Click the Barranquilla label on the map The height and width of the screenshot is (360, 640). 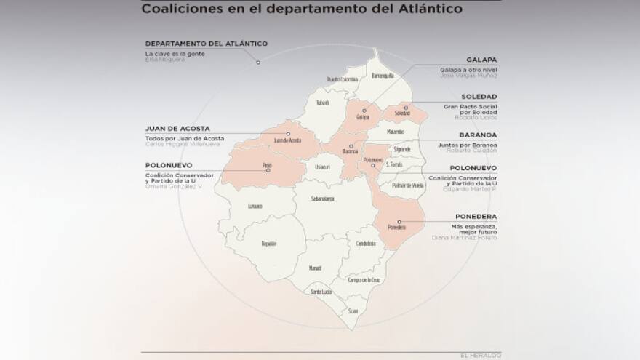pyautogui.click(x=383, y=76)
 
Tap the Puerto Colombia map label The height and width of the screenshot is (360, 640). pyautogui.click(x=343, y=79)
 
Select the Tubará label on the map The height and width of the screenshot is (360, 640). pyautogui.click(x=323, y=103)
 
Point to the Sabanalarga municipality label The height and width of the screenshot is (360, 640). pyautogui.click(x=322, y=199)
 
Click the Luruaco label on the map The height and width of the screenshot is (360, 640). pyautogui.click(x=255, y=207)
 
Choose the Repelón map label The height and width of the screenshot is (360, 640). pyautogui.click(x=269, y=244)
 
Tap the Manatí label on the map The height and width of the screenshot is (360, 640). pyautogui.click(x=315, y=268)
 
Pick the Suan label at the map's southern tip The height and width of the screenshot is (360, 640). pyautogui.click(x=353, y=311)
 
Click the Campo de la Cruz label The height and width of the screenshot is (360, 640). pyautogui.click(x=364, y=280)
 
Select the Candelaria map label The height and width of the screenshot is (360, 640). pyautogui.click(x=366, y=244)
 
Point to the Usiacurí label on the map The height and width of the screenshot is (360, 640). pyautogui.click(x=322, y=167)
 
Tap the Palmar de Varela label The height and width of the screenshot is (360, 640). pyautogui.click(x=408, y=186)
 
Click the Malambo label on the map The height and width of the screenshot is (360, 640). pyautogui.click(x=396, y=132)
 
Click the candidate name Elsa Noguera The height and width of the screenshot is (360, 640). pyautogui.click(x=165, y=60)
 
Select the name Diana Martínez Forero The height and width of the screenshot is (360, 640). pyautogui.click(x=465, y=237)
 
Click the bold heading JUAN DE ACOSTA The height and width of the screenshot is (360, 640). pyautogui.click(x=177, y=129)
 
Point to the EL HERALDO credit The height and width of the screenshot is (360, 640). pyautogui.click(x=481, y=356)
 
